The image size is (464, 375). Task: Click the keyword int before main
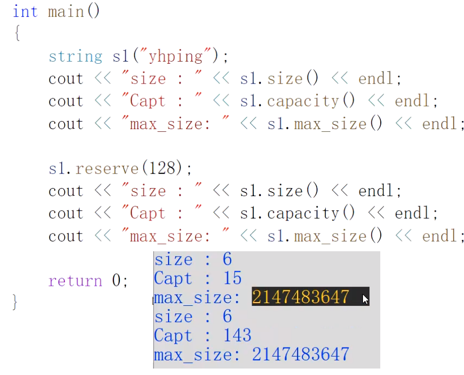coord(25,11)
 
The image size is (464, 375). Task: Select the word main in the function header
coord(65,11)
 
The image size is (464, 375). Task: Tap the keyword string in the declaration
coord(75,56)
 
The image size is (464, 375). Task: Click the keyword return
coord(75,281)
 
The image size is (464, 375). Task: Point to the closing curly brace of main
coord(15,302)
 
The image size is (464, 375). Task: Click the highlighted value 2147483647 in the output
coord(300,297)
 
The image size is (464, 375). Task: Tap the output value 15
coord(232,278)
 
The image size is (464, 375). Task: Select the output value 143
coord(237,336)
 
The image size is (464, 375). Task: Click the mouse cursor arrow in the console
coord(366,299)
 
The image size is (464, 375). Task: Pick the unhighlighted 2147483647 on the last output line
coord(300,354)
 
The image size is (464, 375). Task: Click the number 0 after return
coord(117,281)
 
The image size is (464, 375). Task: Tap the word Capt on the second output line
coord(173,278)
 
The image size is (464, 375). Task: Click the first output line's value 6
coord(227,259)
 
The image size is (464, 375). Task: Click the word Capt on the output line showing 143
coord(173,336)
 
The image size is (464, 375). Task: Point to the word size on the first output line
coord(173,259)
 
